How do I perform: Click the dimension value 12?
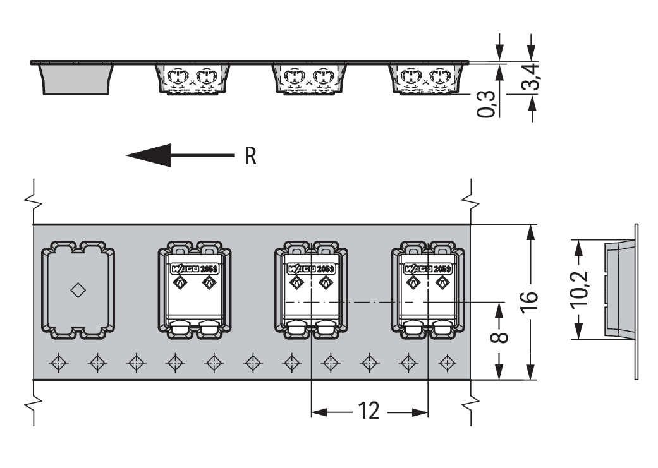pyautogui.click(x=369, y=412)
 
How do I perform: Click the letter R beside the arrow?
pyautogui.click(x=250, y=156)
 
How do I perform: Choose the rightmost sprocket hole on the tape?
pyautogui.click(x=447, y=363)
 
